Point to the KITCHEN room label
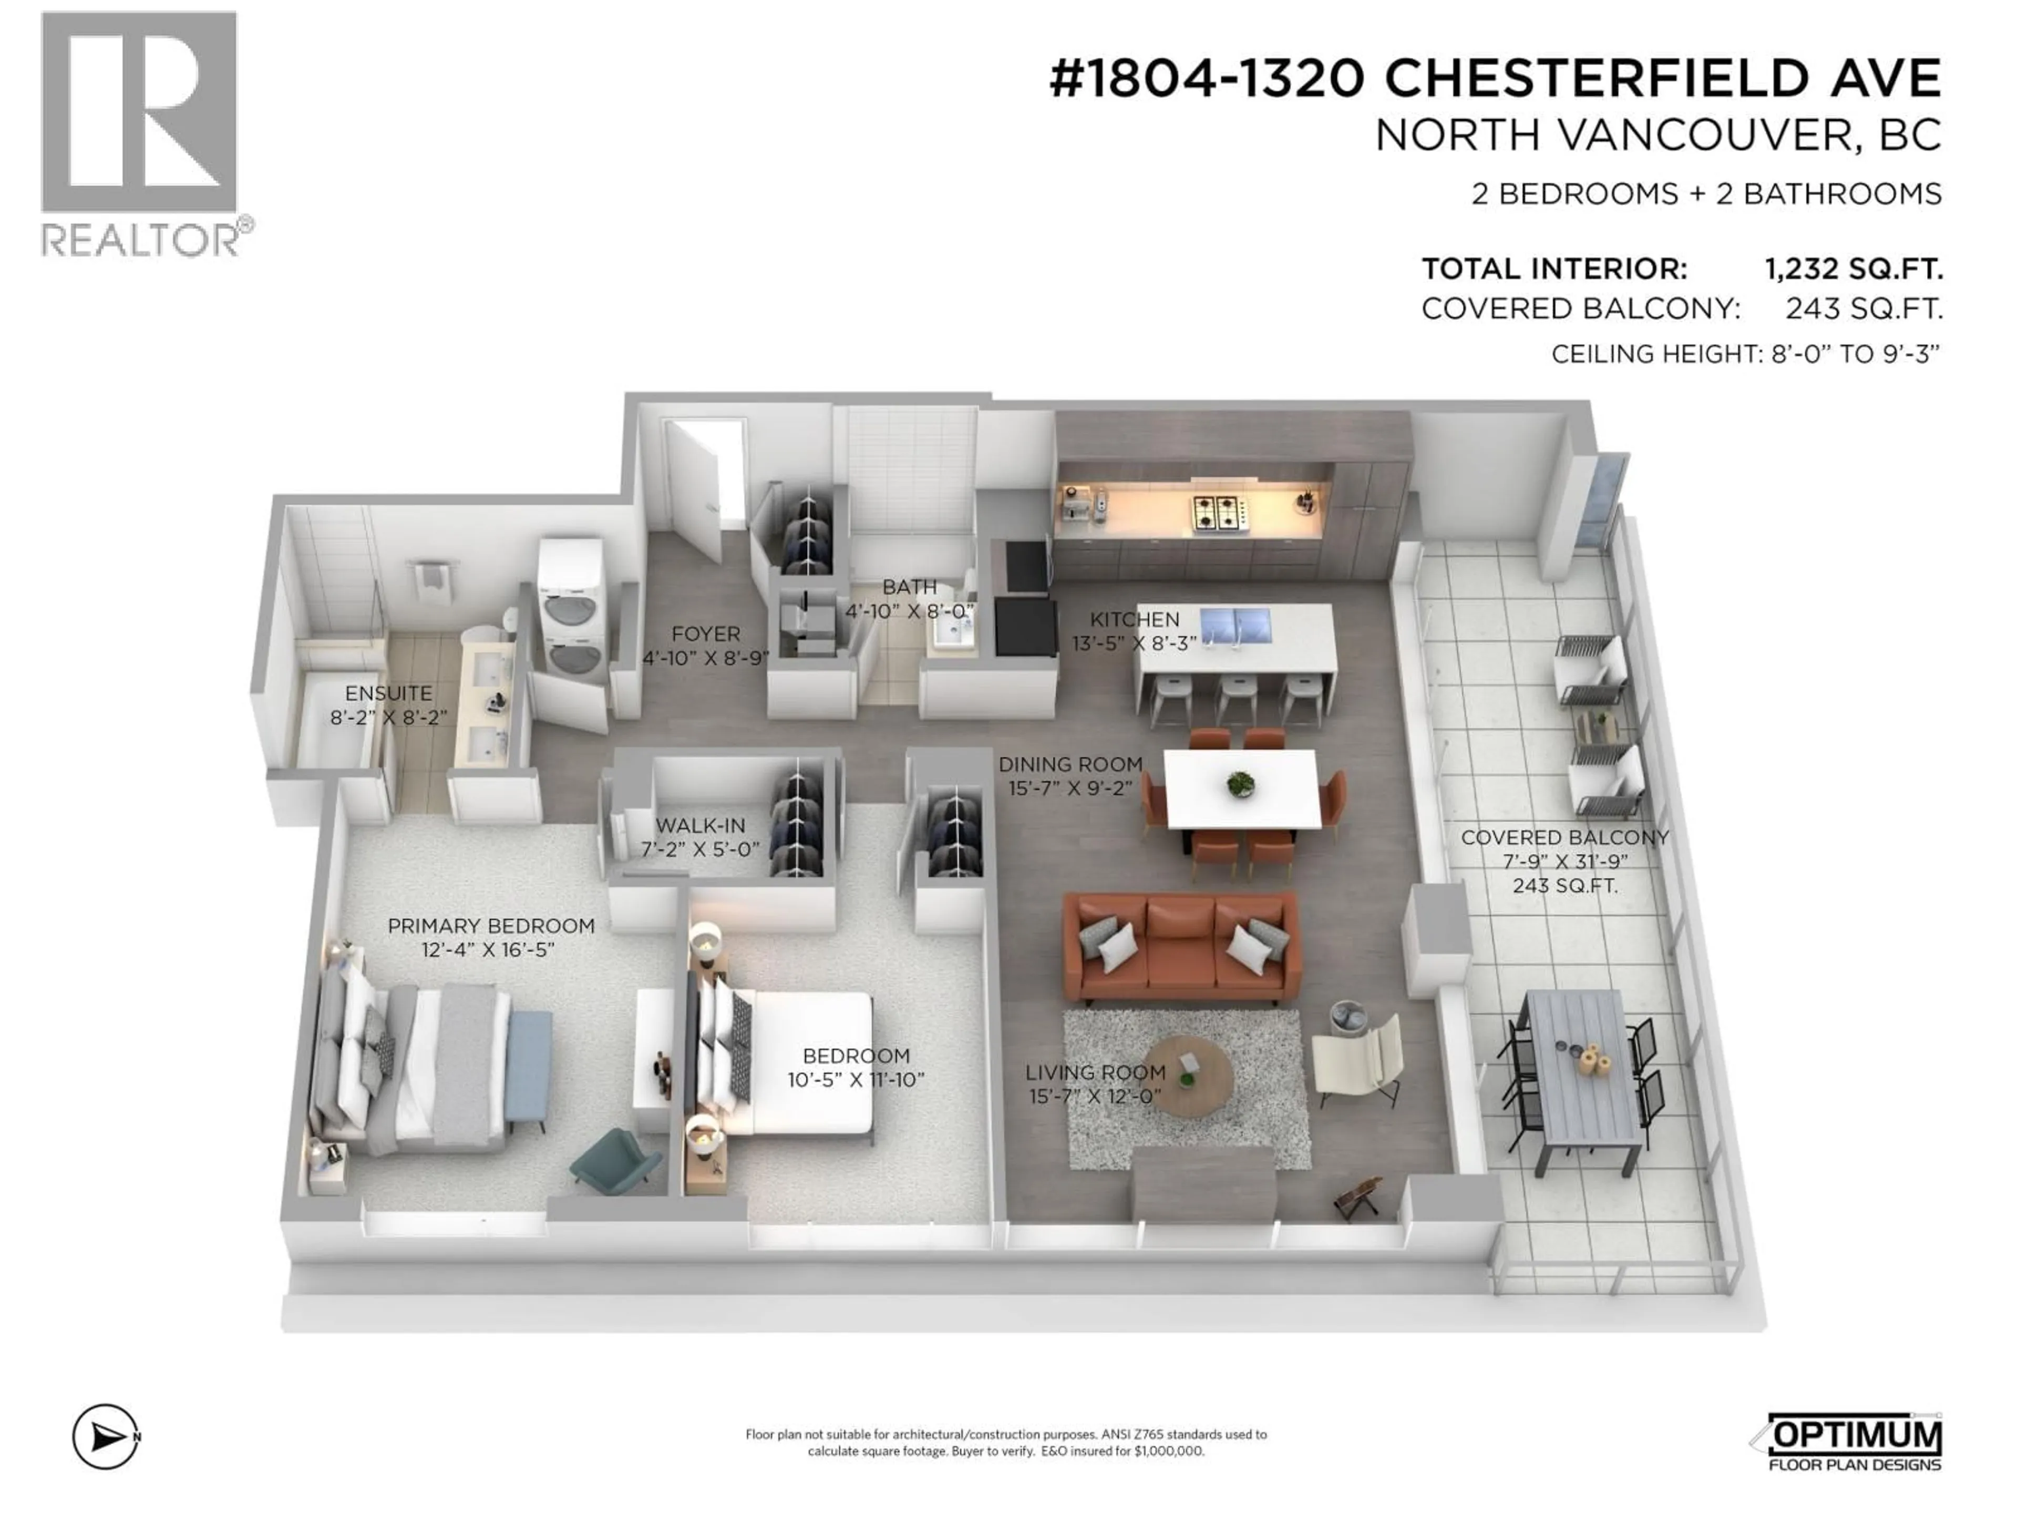tap(1134, 620)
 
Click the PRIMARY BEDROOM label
tap(491, 925)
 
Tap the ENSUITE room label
tap(389, 693)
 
